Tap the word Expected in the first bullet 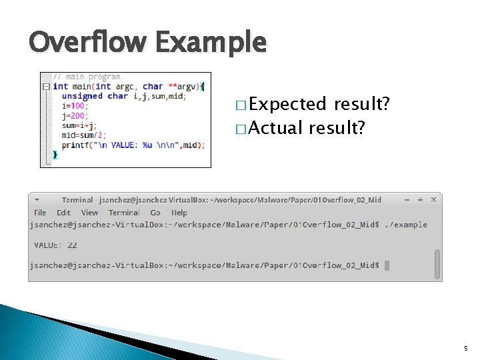(x=288, y=105)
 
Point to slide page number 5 (x=466, y=349)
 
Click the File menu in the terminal (x=40, y=213)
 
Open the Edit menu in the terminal (x=63, y=213)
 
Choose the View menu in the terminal (x=89, y=213)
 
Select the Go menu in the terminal (x=155, y=213)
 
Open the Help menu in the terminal (x=179, y=213)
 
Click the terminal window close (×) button (x=433, y=199)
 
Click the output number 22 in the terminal (x=72, y=245)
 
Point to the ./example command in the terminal (x=406, y=225)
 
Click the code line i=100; (x=75, y=105)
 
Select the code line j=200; (x=75, y=115)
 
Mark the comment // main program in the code (x=87, y=77)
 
